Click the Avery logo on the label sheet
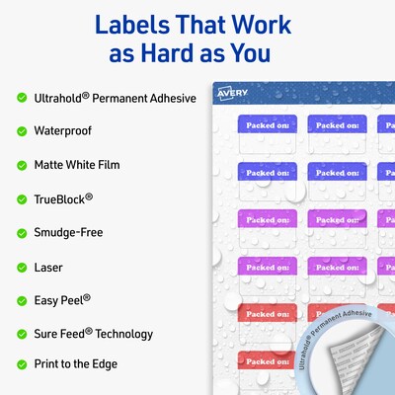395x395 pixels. click(232, 94)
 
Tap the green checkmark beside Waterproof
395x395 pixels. click(22, 131)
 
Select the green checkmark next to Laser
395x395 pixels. click(22, 268)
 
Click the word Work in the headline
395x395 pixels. click(261, 25)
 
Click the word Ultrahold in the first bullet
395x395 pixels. click(58, 98)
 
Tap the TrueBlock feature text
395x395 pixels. click(63, 198)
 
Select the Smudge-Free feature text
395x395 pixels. click(68, 232)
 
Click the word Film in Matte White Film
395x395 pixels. click(109, 165)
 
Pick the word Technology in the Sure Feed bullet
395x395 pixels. click(124, 334)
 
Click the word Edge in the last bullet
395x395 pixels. click(105, 364)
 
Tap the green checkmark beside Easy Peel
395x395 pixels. click(22, 301)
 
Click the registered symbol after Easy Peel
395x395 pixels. click(87, 297)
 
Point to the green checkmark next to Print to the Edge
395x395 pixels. click(22, 364)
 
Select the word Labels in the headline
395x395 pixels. click(132, 25)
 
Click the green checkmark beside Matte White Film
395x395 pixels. click(22, 165)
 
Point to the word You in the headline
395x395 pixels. click(250, 53)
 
